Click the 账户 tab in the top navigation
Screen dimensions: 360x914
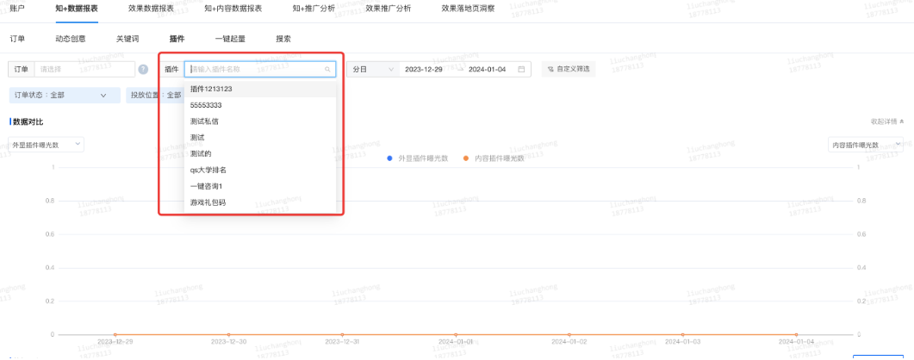click(17, 8)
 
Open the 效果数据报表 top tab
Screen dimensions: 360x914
click(151, 8)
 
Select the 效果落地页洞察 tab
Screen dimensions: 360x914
click(468, 8)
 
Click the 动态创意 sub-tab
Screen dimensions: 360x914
click(71, 39)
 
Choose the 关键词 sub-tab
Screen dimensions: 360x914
click(127, 39)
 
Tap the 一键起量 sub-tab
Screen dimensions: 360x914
click(230, 39)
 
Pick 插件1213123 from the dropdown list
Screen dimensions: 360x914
click(211, 89)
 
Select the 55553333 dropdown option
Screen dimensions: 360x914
click(206, 105)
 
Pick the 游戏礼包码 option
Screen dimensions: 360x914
click(208, 202)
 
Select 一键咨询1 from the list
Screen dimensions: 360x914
click(207, 186)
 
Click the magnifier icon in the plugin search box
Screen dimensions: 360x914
click(327, 70)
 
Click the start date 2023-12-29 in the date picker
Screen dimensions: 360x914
click(424, 70)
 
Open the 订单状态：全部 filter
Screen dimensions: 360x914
click(59, 95)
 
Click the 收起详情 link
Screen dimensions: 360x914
click(886, 121)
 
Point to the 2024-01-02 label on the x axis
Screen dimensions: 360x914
click(569, 342)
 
